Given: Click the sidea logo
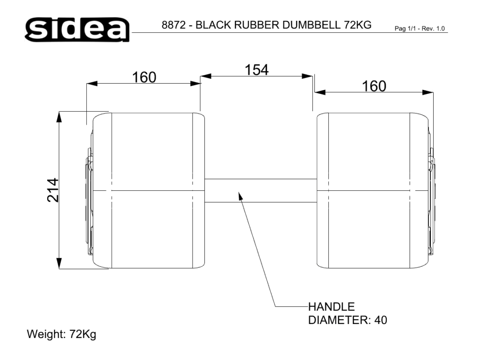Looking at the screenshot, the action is [x=77, y=29].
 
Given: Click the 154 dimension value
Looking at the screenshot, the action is [x=256, y=70].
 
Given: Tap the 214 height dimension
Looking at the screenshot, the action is [x=53, y=190].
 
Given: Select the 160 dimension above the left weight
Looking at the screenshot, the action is [x=144, y=77].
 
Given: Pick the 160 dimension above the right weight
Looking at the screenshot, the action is [x=374, y=86].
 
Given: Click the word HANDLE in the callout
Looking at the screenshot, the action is [x=331, y=307].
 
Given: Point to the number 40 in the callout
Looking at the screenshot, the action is [x=381, y=320].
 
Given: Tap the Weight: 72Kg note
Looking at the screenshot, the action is [x=62, y=334].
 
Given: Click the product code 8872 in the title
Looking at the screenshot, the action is [x=174, y=25].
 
